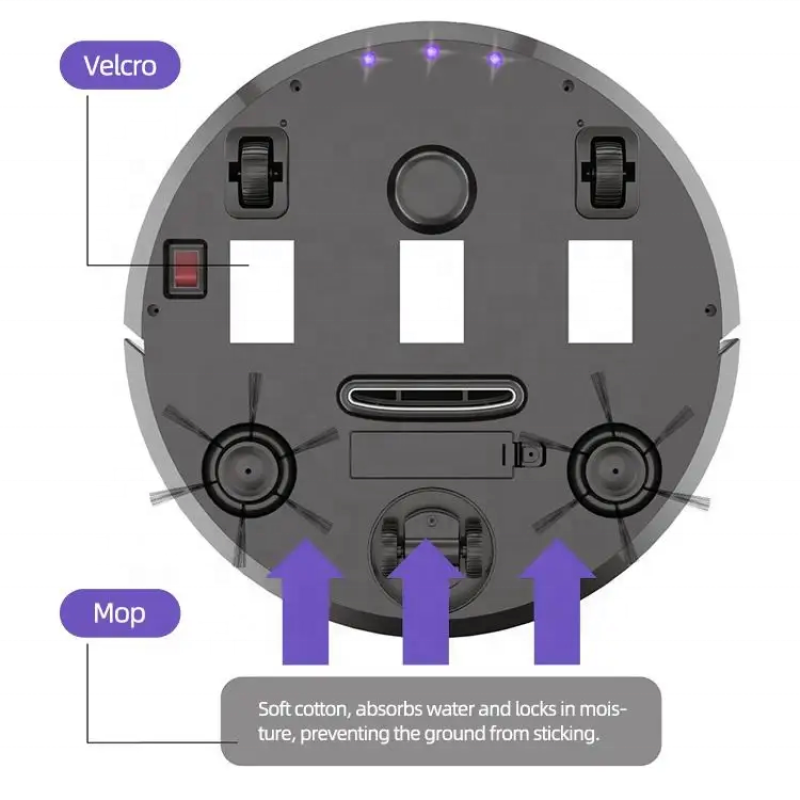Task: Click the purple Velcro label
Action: pyautogui.click(x=119, y=67)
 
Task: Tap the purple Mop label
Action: pyautogui.click(x=119, y=613)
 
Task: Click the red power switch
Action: pyautogui.click(x=185, y=269)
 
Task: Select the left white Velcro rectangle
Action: pyautogui.click(x=261, y=291)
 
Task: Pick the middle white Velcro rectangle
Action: pyautogui.click(x=431, y=291)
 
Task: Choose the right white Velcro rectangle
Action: pyautogui.click(x=600, y=291)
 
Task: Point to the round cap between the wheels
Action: pyautogui.click(x=431, y=185)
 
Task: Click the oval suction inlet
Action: pyautogui.click(x=431, y=395)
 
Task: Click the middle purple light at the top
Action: pyautogui.click(x=431, y=52)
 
